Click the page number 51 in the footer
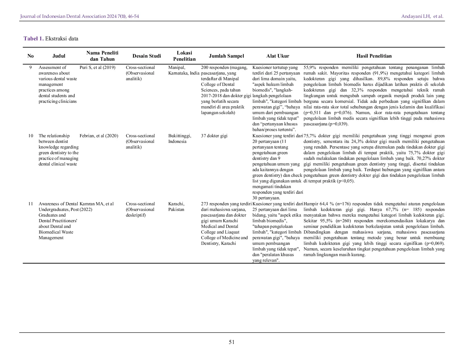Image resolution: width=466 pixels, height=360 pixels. click(x=231, y=342)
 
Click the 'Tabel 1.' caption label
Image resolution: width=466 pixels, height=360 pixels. click(x=33, y=39)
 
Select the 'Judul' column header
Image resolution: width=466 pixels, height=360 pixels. click(x=59, y=56)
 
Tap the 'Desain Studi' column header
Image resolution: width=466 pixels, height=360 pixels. click(x=147, y=56)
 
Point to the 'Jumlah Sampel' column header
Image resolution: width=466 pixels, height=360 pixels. click(x=226, y=56)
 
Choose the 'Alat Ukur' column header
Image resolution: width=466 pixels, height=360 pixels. click(x=278, y=56)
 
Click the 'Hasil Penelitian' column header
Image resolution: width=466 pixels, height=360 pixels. click(x=374, y=56)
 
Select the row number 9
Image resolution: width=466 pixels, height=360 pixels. click(x=31, y=67)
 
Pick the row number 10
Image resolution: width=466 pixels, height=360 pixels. click(x=31, y=136)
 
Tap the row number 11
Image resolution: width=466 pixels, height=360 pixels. click(x=31, y=204)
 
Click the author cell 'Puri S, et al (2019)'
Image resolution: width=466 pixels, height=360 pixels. click(x=97, y=67)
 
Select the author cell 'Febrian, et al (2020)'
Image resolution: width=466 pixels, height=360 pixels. click(x=99, y=136)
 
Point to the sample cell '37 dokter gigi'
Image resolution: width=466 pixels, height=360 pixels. click(x=214, y=136)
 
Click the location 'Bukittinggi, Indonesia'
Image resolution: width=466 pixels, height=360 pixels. click(x=180, y=139)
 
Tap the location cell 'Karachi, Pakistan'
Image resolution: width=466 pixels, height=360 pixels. click(x=176, y=207)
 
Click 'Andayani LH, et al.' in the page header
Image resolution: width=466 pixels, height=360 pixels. click(x=422, y=16)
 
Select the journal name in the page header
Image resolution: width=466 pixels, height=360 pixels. click(x=79, y=16)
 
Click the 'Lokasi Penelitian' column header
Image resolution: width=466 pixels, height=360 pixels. click(x=184, y=56)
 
